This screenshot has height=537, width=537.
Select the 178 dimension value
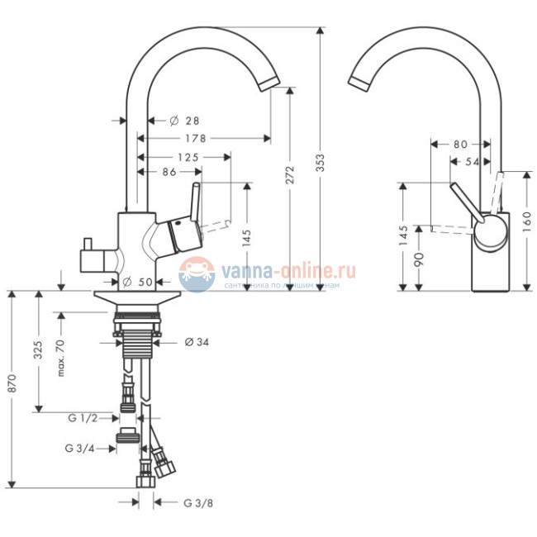click(195, 138)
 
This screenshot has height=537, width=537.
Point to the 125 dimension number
click(188, 155)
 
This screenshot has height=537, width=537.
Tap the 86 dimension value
click(169, 172)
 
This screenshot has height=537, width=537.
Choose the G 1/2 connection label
click(83, 419)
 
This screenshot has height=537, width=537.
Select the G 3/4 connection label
click(79, 449)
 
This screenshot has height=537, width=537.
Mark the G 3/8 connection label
click(198, 501)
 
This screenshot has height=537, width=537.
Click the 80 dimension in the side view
click(460, 144)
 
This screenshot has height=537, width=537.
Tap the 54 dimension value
click(473, 162)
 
